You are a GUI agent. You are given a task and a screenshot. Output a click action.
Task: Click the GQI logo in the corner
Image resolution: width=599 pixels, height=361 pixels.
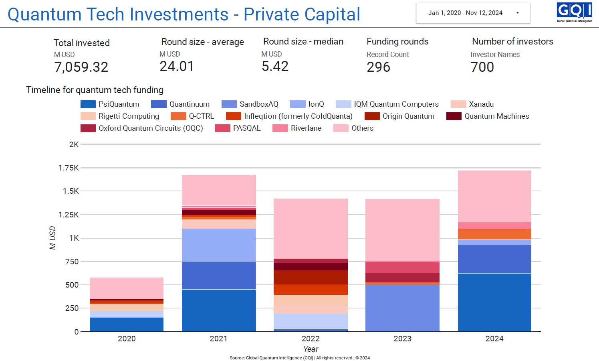[574, 12]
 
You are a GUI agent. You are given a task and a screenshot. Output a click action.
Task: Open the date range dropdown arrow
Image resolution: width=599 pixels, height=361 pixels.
[517, 13]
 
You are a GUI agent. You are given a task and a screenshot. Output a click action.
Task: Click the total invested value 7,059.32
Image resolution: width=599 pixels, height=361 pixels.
[81, 67]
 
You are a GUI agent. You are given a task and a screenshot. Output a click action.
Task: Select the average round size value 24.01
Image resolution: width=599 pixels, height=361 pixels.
[177, 66]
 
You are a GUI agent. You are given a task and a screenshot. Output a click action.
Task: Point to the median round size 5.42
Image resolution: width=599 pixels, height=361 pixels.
[275, 66]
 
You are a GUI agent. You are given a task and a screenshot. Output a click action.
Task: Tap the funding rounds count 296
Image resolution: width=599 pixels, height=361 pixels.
[378, 67]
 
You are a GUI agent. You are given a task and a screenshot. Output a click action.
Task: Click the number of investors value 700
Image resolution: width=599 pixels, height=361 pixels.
[482, 67]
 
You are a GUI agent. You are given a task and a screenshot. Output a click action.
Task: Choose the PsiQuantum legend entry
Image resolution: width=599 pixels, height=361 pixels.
[110, 104]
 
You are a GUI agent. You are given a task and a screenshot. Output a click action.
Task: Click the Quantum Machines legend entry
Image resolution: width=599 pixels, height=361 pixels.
[488, 116]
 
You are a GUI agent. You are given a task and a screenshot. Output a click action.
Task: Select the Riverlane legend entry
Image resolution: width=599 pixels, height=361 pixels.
[297, 128]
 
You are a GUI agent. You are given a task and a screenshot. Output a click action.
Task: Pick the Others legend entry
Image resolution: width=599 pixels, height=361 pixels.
[353, 128]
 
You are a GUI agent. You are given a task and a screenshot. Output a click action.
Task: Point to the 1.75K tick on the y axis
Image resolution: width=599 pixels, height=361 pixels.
[69, 168]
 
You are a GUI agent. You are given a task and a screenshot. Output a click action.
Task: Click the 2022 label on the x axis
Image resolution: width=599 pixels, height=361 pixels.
[311, 339]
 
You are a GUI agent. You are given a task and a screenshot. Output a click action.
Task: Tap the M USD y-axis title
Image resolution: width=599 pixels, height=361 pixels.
[52, 238]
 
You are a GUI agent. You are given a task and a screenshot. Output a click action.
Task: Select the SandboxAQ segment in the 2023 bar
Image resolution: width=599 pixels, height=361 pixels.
[402, 308]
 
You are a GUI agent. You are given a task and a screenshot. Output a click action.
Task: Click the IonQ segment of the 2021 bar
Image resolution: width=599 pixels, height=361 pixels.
[219, 245]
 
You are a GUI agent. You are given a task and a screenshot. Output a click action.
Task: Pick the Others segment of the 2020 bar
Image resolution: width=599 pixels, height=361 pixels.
[127, 288]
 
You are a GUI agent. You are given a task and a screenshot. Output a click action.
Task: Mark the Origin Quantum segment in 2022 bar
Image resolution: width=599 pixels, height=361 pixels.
[311, 277]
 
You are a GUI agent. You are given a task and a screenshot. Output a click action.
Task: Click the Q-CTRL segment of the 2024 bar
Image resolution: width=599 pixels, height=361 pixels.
[494, 234]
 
